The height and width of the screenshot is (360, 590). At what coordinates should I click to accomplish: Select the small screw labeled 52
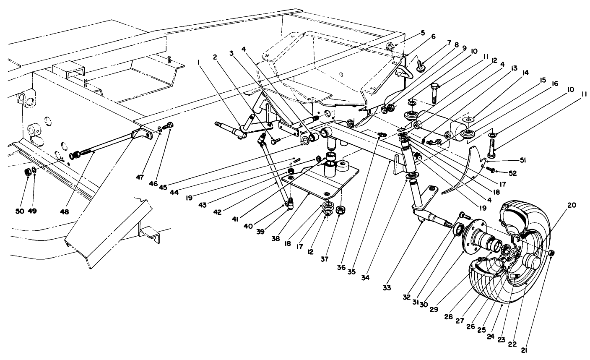(x=489, y=169)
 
